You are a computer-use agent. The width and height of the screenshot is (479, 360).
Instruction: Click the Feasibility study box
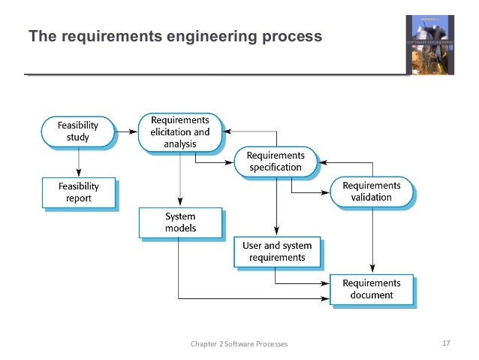pyautogui.click(x=77, y=132)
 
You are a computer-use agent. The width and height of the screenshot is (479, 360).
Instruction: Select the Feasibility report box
pyautogui.click(x=77, y=193)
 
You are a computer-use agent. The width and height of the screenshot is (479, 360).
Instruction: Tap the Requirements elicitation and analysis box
pyautogui.click(x=179, y=132)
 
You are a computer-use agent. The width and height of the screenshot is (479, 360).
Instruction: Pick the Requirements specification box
pyautogui.click(x=277, y=161)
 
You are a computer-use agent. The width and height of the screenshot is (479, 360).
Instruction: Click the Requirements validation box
pyautogui.click(x=372, y=192)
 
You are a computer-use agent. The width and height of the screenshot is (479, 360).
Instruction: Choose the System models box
pyautogui.click(x=179, y=222)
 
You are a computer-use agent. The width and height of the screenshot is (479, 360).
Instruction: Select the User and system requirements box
pyautogui.click(x=276, y=251)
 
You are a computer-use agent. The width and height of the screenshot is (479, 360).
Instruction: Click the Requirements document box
pyautogui.click(x=372, y=289)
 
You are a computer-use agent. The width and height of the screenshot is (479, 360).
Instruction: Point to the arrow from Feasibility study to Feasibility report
pyautogui.click(x=77, y=162)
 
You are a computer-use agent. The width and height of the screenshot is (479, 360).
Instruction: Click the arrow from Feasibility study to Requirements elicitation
pyautogui.click(x=127, y=132)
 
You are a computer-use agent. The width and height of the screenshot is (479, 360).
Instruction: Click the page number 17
pyautogui.click(x=445, y=343)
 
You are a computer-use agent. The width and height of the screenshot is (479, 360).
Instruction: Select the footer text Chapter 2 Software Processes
pyautogui.click(x=239, y=344)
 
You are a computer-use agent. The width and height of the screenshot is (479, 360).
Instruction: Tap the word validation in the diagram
pyautogui.click(x=372, y=198)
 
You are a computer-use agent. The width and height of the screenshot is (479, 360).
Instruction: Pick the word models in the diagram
pyautogui.click(x=179, y=228)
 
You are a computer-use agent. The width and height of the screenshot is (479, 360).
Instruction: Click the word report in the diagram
pyautogui.click(x=77, y=199)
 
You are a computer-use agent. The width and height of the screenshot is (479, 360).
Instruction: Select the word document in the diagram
pyautogui.click(x=372, y=295)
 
